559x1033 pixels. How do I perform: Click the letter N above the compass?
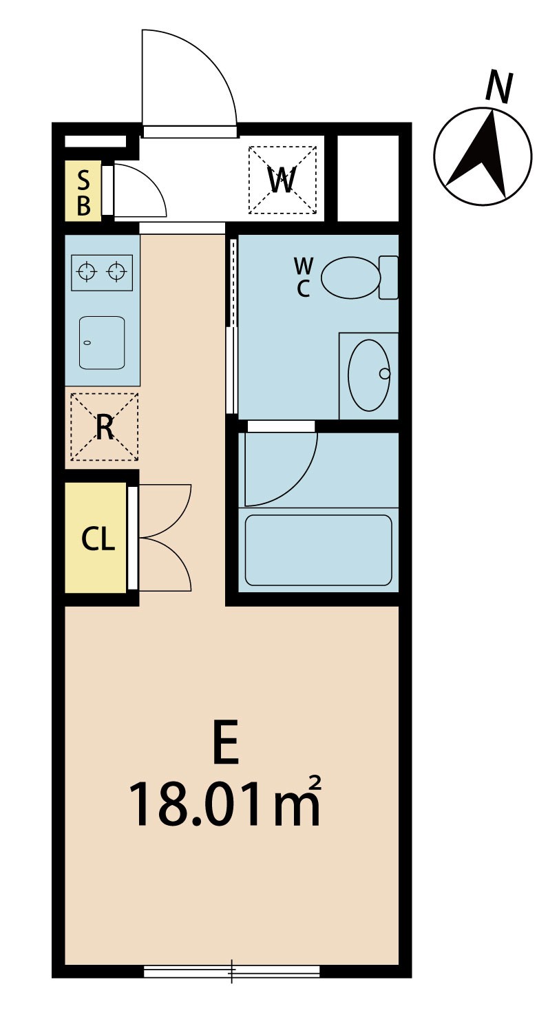499,87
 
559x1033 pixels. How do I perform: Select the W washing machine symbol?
282,180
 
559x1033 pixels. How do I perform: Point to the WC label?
303,278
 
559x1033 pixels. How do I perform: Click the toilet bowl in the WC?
350,278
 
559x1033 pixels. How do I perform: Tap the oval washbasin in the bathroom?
369,375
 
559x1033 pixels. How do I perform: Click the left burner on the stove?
87,271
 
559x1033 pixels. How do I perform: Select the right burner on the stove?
116,271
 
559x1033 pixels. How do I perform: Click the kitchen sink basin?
102,342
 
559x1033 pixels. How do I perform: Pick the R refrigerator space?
104,426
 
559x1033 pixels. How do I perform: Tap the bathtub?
319,550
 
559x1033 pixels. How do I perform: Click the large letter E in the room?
226,743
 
